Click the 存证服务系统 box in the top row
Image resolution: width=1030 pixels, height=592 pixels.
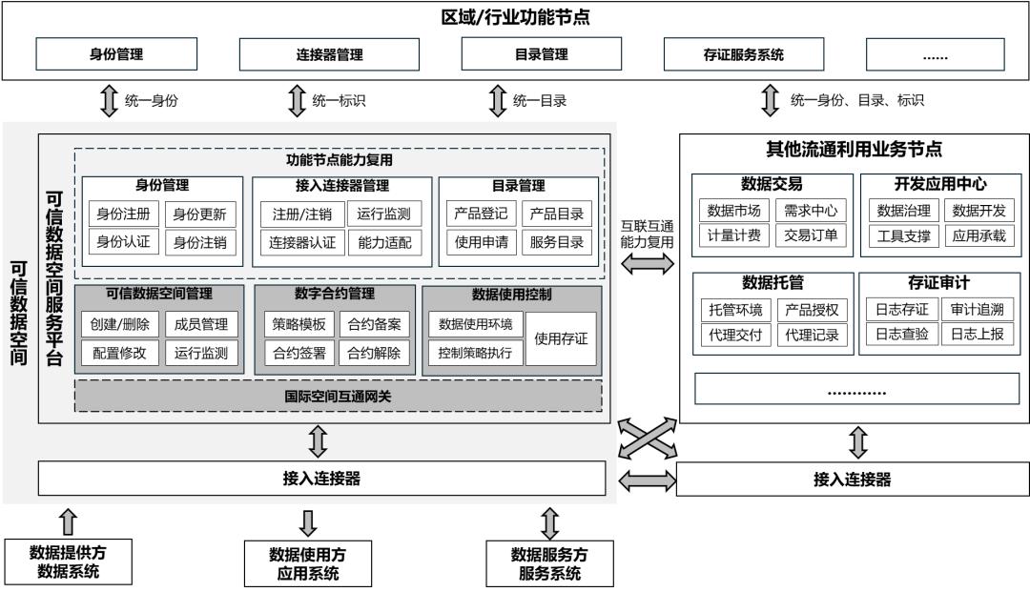pos(744,53)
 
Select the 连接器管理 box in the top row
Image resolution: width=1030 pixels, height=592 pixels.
pos(329,53)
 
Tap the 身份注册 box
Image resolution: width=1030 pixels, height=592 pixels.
pos(123,214)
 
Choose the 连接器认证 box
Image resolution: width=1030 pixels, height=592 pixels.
pos(301,243)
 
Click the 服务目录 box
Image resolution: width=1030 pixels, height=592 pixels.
pos(557,242)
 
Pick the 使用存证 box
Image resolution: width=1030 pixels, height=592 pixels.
pos(561,338)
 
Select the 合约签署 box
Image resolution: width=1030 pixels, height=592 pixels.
pos(299,353)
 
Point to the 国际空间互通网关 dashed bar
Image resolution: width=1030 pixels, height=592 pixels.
pos(339,396)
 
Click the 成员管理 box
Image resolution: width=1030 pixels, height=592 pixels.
pos(201,324)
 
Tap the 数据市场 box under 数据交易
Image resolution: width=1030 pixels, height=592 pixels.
pos(733,211)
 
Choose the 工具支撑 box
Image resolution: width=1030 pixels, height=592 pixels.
pos(904,235)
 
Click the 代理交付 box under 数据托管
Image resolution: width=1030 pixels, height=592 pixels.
pos(735,335)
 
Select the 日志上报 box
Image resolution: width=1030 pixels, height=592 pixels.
pos(978,334)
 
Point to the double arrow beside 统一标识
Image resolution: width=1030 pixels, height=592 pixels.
pos(298,100)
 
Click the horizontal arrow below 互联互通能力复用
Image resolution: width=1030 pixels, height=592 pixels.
pos(648,264)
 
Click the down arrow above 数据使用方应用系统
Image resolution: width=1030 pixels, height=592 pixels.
pos(307,522)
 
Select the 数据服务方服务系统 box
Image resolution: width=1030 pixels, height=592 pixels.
pos(550,563)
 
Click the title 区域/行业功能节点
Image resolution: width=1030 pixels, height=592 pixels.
pos(515,17)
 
